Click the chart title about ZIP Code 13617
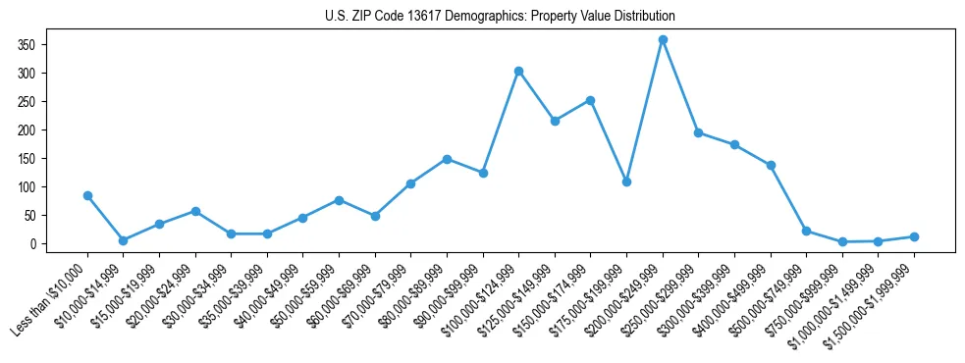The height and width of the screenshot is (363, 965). (500, 17)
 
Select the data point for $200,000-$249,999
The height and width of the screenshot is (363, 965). (663, 39)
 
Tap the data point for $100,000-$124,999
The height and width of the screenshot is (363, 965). (518, 71)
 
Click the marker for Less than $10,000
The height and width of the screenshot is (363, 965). (87, 195)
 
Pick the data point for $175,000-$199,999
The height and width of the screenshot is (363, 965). (626, 181)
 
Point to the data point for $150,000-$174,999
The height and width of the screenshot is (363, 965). (590, 100)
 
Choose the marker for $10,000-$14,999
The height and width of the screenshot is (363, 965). (123, 240)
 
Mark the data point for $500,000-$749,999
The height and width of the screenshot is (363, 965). (806, 231)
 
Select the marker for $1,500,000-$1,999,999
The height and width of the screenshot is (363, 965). (914, 236)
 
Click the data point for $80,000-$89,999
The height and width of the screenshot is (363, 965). (447, 159)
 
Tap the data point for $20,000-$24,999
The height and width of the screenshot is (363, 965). (195, 211)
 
